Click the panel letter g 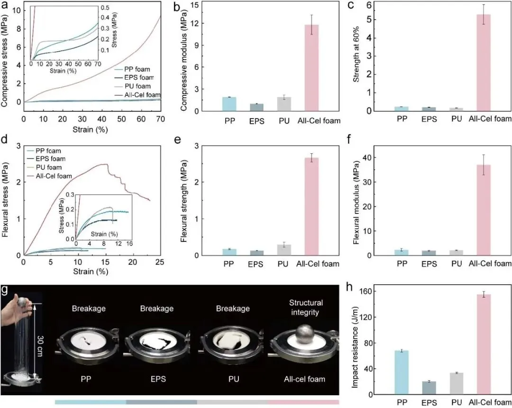click(x=5, y=290)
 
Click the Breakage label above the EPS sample click(x=156, y=308)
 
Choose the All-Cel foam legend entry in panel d click(x=53, y=176)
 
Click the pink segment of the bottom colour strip click(x=303, y=402)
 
